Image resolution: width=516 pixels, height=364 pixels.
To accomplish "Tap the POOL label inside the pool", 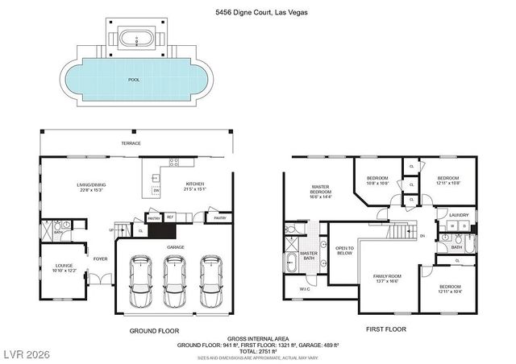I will click(x=134, y=80).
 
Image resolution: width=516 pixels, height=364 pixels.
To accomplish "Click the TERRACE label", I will click(x=131, y=143).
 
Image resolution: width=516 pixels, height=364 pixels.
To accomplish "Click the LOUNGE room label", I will click(x=64, y=267).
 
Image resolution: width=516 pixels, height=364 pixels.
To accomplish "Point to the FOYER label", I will click(x=99, y=259).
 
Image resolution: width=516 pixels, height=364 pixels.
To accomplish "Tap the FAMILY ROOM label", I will click(x=386, y=279).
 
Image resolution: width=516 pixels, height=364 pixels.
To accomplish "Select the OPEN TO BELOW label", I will click(x=345, y=250).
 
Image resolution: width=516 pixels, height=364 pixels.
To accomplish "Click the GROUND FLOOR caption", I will click(x=153, y=330).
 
